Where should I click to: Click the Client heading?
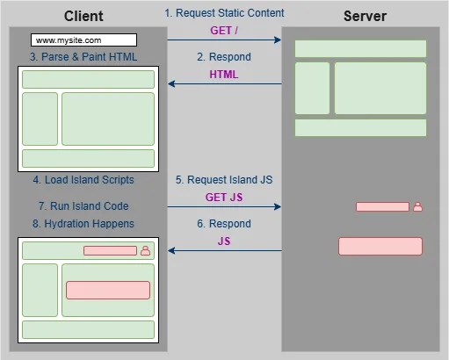tap(83, 16)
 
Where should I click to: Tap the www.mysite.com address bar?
tap(83, 40)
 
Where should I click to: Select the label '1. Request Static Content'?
tap(224, 13)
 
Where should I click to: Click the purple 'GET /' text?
tap(223, 30)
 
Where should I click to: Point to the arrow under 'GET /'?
tap(224, 40)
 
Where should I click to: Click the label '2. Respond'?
tap(223, 57)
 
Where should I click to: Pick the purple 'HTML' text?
tap(223, 75)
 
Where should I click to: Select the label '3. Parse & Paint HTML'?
tap(83, 57)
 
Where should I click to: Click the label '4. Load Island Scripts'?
tap(83, 180)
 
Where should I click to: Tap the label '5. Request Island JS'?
tap(223, 180)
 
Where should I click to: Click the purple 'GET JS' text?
tap(223, 198)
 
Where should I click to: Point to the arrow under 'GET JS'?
tap(224, 207)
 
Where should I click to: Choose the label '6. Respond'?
tap(223, 224)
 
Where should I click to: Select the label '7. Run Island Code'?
tap(83, 206)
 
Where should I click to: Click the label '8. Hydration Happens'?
tap(83, 224)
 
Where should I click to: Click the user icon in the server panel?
tap(417, 207)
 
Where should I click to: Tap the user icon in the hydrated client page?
tap(145, 251)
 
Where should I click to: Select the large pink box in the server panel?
tap(380, 246)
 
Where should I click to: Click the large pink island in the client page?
tap(107, 290)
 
